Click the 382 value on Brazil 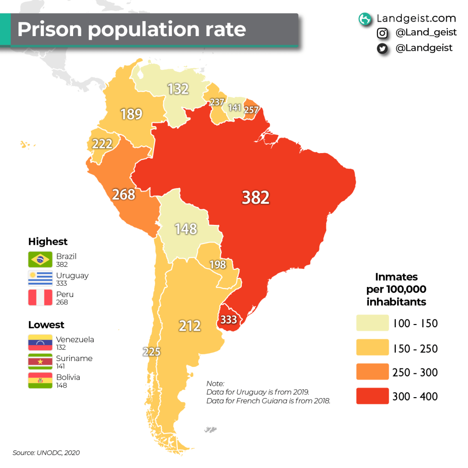click(255, 197)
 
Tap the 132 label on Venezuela click(178, 89)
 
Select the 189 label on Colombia click(132, 114)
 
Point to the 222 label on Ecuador click(102, 144)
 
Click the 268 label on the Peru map click(124, 194)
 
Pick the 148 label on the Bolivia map click(186, 229)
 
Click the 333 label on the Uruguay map click(229, 319)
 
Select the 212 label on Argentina click(190, 326)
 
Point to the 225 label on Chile click(151, 352)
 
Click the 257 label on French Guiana click(251, 110)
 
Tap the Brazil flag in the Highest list click(39, 260)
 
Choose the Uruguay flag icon click(39, 279)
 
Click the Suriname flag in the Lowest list click(39, 362)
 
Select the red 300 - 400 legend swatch click(372, 396)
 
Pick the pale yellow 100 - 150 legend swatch click(372, 323)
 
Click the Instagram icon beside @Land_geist click(382, 33)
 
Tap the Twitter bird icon click(382, 48)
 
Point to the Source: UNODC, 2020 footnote click(46, 452)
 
